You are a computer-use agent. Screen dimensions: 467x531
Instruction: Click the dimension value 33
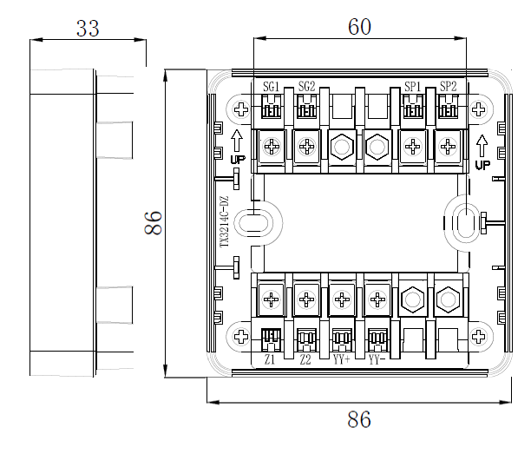[x=87, y=28]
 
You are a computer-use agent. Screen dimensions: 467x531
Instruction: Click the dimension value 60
[x=359, y=27]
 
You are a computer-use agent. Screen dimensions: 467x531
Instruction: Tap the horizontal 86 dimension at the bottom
[x=358, y=420]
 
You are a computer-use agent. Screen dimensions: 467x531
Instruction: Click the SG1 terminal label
[x=272, y=86]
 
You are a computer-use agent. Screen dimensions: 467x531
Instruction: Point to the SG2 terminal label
[x=306, y=86]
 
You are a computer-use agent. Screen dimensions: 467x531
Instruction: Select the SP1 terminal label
[x=413, y=86]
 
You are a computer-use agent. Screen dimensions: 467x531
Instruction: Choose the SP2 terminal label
[x=448, y=86]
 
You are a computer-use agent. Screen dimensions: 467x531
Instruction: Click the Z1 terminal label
[x=270, y=359]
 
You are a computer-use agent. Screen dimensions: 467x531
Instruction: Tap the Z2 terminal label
[x=305, y=359]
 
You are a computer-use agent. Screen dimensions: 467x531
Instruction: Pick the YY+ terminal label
[x=341, y=359]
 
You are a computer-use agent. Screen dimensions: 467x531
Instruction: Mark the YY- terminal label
[x=377, y=359]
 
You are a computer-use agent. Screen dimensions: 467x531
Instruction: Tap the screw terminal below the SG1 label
[x=272, y=147]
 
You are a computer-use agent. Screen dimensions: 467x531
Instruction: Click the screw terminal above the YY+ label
[x=342, y=300]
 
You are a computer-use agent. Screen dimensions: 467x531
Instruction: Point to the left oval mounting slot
[x=252, y=223]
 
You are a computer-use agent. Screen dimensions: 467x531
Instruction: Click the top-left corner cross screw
[x=240, y=110]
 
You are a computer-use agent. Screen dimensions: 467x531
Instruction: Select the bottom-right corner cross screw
[x=479, y=336]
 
